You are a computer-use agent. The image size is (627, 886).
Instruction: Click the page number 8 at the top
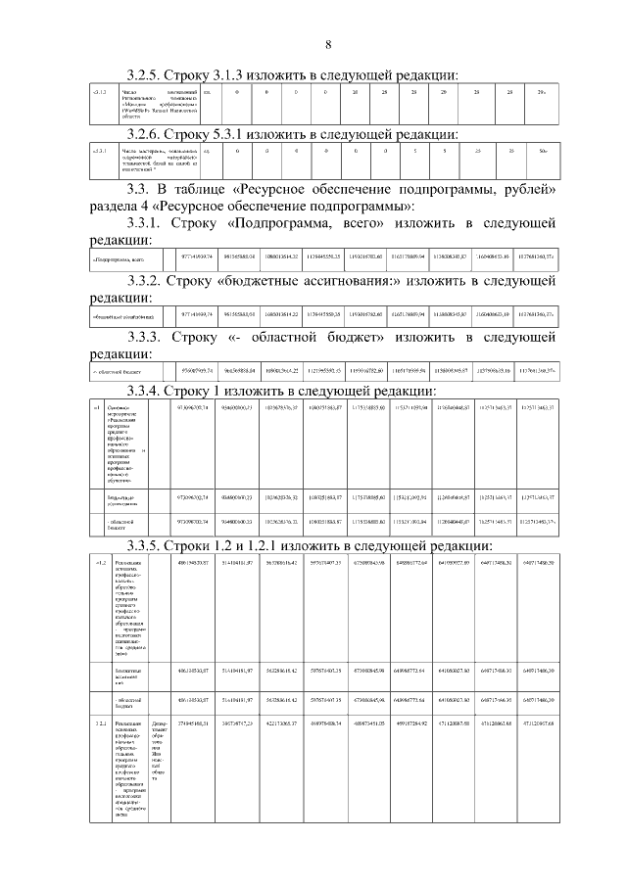click(x=328, y=43)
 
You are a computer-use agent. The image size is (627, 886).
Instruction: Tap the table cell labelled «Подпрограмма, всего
click(x=119, y=259)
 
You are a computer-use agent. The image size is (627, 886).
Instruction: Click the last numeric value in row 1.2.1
click(x=540, y=723)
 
